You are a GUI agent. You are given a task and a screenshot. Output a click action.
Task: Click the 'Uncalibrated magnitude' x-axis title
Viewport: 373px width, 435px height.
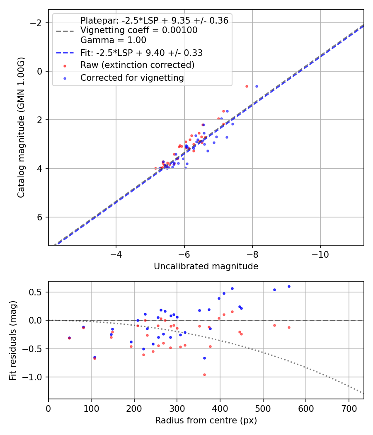click(206, 266)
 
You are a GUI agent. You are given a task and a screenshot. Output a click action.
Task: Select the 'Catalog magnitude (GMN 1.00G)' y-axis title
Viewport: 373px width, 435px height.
click(21, 127)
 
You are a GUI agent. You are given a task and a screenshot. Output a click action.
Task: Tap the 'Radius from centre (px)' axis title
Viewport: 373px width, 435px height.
click(206, 420)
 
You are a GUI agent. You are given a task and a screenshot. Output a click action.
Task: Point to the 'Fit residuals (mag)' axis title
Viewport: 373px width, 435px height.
click(13, 340)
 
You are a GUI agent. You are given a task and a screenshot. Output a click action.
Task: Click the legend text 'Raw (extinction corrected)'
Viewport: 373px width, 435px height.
click(137, 65)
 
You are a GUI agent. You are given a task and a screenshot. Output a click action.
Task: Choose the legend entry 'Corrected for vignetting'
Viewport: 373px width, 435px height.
click(132, 77)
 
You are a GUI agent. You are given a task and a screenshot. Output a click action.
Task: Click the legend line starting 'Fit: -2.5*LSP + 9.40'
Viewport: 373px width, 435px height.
click(141, 53)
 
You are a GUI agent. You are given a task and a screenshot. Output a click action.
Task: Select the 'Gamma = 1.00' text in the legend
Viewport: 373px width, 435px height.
click(113, 40)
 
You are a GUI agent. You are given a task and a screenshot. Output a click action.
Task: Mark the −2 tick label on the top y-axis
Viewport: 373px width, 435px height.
click(37, 22)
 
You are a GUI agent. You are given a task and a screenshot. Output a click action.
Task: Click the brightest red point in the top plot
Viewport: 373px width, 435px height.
click(247, 86)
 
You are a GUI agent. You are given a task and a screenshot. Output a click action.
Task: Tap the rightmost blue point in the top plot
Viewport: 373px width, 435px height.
click(257, 86)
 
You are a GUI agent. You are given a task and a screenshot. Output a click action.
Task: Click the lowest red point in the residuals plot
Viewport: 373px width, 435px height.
click(204, 375)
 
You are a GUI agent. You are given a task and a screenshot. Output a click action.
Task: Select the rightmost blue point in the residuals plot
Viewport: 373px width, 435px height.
click(289, 286)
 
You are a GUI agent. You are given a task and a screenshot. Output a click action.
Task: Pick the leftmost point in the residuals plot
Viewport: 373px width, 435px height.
click(69, 338)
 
